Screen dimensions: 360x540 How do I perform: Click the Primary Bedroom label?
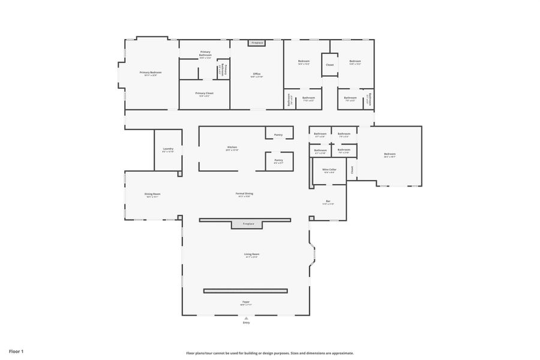point(151,73)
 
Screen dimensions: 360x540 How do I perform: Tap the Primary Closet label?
point(205,93)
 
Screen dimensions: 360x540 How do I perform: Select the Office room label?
point(256,74)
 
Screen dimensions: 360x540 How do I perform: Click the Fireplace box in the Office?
point(257,43)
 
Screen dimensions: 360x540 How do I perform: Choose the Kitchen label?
point(232,147)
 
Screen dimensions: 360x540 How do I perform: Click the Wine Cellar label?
point(329,170)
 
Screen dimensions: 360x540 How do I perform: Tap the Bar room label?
point(328,201)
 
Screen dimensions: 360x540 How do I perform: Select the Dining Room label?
point(152,194)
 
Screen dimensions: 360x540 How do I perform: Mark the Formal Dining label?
point(244,193)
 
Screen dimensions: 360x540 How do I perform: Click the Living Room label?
point(251,254)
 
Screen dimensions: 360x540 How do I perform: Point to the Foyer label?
point(246,302)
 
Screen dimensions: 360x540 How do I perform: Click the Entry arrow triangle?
point(246,318)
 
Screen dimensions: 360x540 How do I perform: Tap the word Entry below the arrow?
point(246,323)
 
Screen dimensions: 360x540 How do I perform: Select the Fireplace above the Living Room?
point(248,224)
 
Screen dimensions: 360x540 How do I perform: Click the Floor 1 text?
point(16,351)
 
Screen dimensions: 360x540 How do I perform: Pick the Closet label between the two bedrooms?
point(330,64)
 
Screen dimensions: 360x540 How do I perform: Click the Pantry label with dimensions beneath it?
point(279,160)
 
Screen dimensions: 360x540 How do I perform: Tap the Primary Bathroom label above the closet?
point(205,52)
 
